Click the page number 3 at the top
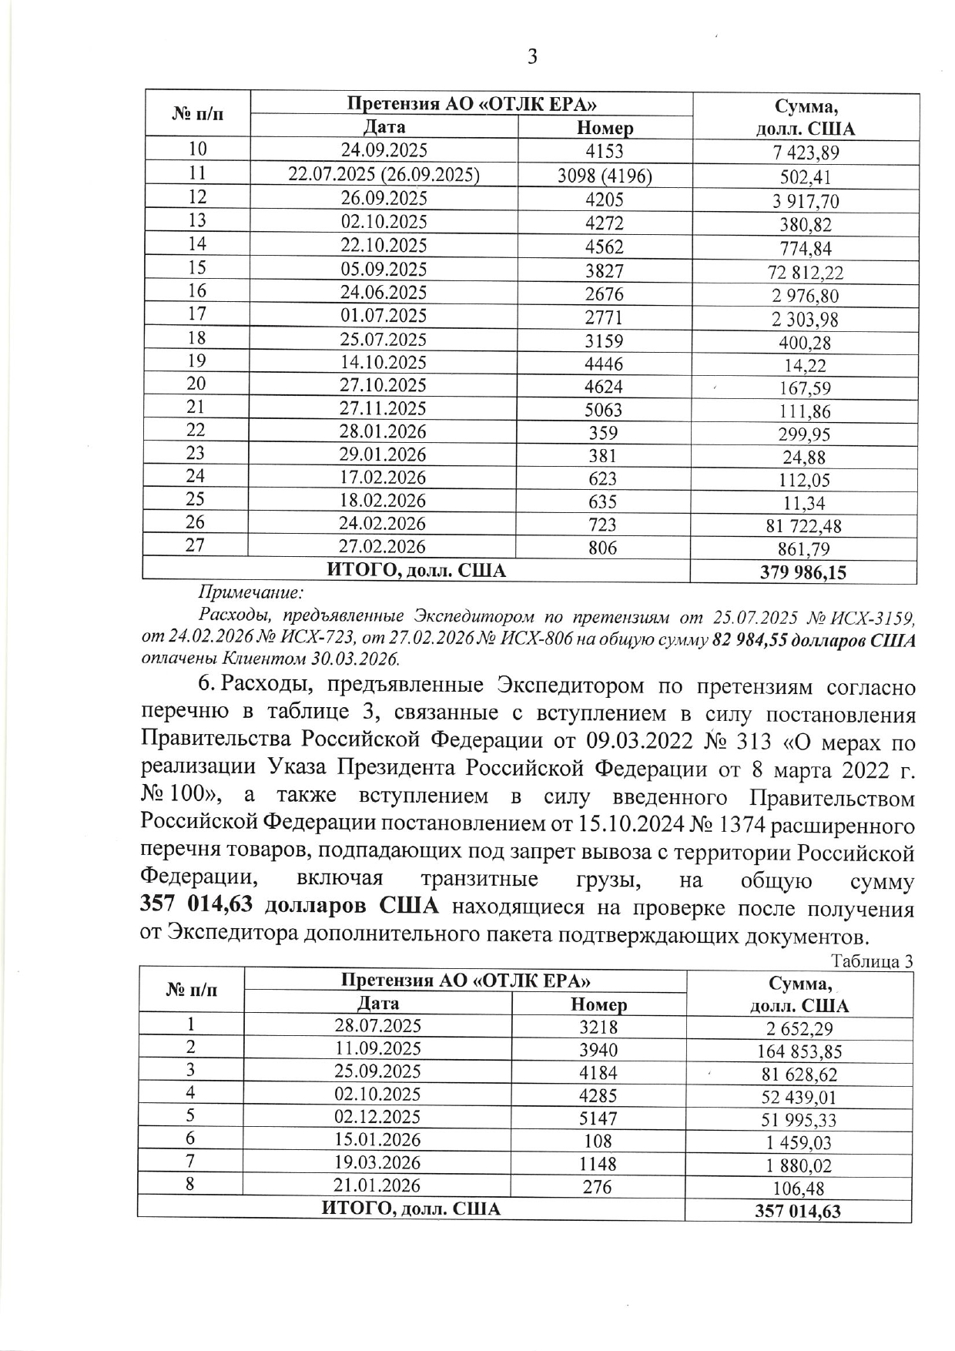point(531,56)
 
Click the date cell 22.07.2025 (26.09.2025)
point(384,176)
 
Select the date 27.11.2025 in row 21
point(384,408)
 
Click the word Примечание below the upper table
point(251,593)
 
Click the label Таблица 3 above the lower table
point(873,961)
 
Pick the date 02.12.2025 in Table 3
point(377,1118)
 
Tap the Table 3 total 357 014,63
point(798,1211)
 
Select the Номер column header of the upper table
point(605,128)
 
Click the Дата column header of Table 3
point(378,1003)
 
